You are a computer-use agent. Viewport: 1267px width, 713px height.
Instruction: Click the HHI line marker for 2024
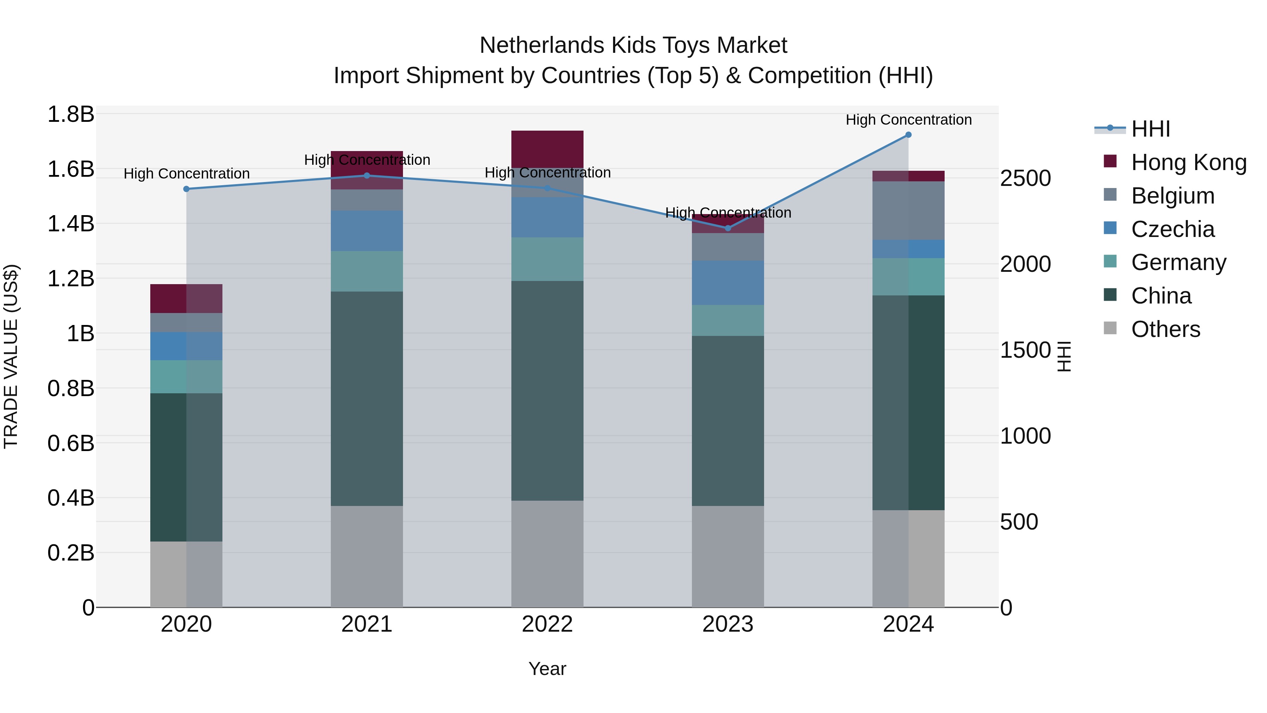pos(908,135)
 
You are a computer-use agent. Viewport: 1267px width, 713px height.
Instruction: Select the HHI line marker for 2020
pos(187,189)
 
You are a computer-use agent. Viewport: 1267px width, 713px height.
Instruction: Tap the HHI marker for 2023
pos(728,228)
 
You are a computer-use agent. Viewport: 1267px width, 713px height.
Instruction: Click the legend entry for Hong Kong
pos(1188,162)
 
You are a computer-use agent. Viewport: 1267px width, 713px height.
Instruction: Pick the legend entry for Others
pos(1165,329)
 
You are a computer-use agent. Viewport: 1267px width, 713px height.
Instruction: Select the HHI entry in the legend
pos(1150,129)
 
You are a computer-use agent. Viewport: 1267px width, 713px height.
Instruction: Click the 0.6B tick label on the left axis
pos(71,443)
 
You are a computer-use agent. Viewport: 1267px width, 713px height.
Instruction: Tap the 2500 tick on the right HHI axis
pos(1026,178)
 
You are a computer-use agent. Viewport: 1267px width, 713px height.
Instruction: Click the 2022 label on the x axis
pos(547,624)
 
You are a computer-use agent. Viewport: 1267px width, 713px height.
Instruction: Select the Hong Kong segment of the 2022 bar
pos(547,149)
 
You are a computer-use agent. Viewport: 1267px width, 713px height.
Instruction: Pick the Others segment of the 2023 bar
pos(728,556)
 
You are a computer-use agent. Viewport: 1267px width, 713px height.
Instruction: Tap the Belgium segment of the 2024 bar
pos(908,211)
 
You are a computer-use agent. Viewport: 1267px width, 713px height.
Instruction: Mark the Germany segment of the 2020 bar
pos(187,376)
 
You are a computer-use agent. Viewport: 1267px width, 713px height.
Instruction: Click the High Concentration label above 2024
pos(908,120)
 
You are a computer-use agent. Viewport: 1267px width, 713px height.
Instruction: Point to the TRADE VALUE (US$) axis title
pos(11,356)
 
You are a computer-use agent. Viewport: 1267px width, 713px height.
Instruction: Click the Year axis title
pos(547,669)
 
